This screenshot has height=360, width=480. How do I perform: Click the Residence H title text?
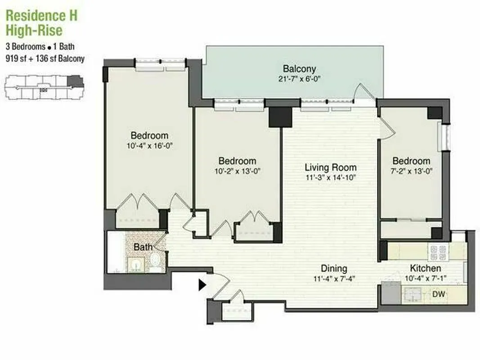point(41,16)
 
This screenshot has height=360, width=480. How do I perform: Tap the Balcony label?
point(299,69)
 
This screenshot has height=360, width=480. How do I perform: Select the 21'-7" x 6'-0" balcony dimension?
point(299,79)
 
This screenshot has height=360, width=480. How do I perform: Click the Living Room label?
point(330,167)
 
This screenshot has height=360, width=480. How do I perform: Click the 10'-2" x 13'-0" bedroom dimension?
point(237,171)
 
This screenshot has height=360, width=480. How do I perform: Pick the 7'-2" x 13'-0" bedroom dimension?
point(411,171)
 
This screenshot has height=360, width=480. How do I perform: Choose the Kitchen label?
point(426,269)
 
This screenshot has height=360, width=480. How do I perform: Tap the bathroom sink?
point(134,264)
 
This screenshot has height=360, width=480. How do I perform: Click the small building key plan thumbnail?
point(44,88)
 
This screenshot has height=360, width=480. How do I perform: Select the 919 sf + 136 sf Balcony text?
point(45,58)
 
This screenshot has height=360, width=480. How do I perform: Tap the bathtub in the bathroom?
point(116,252)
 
